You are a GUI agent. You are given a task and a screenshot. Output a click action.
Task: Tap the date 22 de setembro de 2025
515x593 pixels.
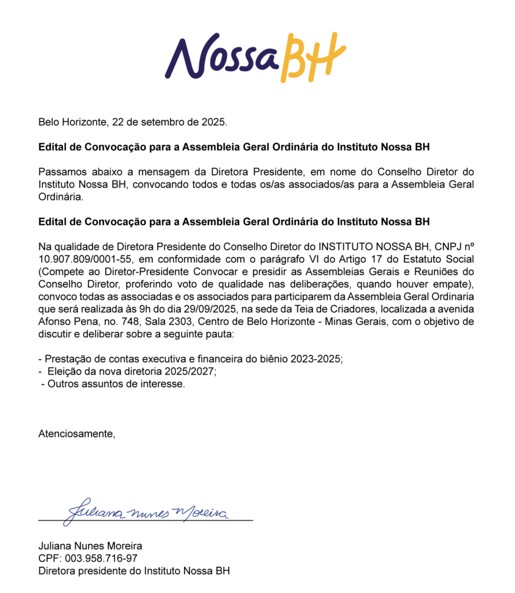(x=169, y=122)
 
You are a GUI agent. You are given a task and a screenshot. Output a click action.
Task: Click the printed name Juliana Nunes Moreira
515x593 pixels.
(x=90, y=546)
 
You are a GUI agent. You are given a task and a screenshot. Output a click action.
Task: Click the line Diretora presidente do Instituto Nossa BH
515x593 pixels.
(x=134, y=571)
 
